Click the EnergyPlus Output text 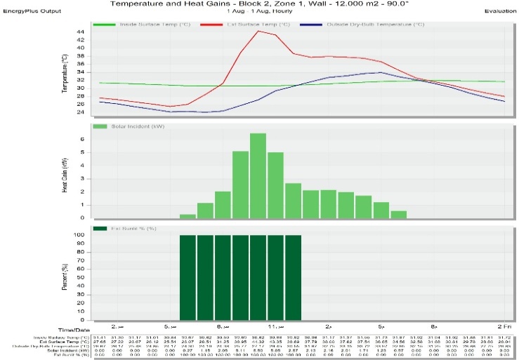(x=32, y=12)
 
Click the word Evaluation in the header (x=500, y=12)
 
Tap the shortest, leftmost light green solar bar (x=188, y=215)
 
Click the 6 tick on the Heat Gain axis (x=81, y=139)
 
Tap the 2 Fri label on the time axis (x=499, y=326)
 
